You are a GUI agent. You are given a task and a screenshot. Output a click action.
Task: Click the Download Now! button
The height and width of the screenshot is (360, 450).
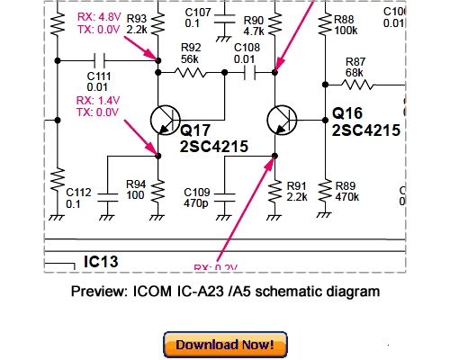coord(225,345)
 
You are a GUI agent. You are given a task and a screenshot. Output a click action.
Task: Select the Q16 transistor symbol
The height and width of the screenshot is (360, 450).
coord(281,120)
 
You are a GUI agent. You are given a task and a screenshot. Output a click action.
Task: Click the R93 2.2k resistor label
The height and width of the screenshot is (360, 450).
coord(137,22)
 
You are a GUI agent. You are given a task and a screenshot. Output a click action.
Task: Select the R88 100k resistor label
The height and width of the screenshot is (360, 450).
coord(345,22)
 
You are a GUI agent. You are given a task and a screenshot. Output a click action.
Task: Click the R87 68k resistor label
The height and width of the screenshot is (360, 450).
coord(355,67)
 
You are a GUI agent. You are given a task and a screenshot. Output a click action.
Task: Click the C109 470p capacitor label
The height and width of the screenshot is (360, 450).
coord(197,197)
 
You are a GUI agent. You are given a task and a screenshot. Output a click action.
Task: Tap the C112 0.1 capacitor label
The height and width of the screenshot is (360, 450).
coord(78,197)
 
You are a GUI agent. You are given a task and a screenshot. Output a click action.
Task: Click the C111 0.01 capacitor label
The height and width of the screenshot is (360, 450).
coord(99,81)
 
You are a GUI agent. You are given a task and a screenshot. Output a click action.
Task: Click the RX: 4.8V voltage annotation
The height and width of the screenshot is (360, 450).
coord(97,18)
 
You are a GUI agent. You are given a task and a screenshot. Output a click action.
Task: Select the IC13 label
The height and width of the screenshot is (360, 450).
coord(101,262)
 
